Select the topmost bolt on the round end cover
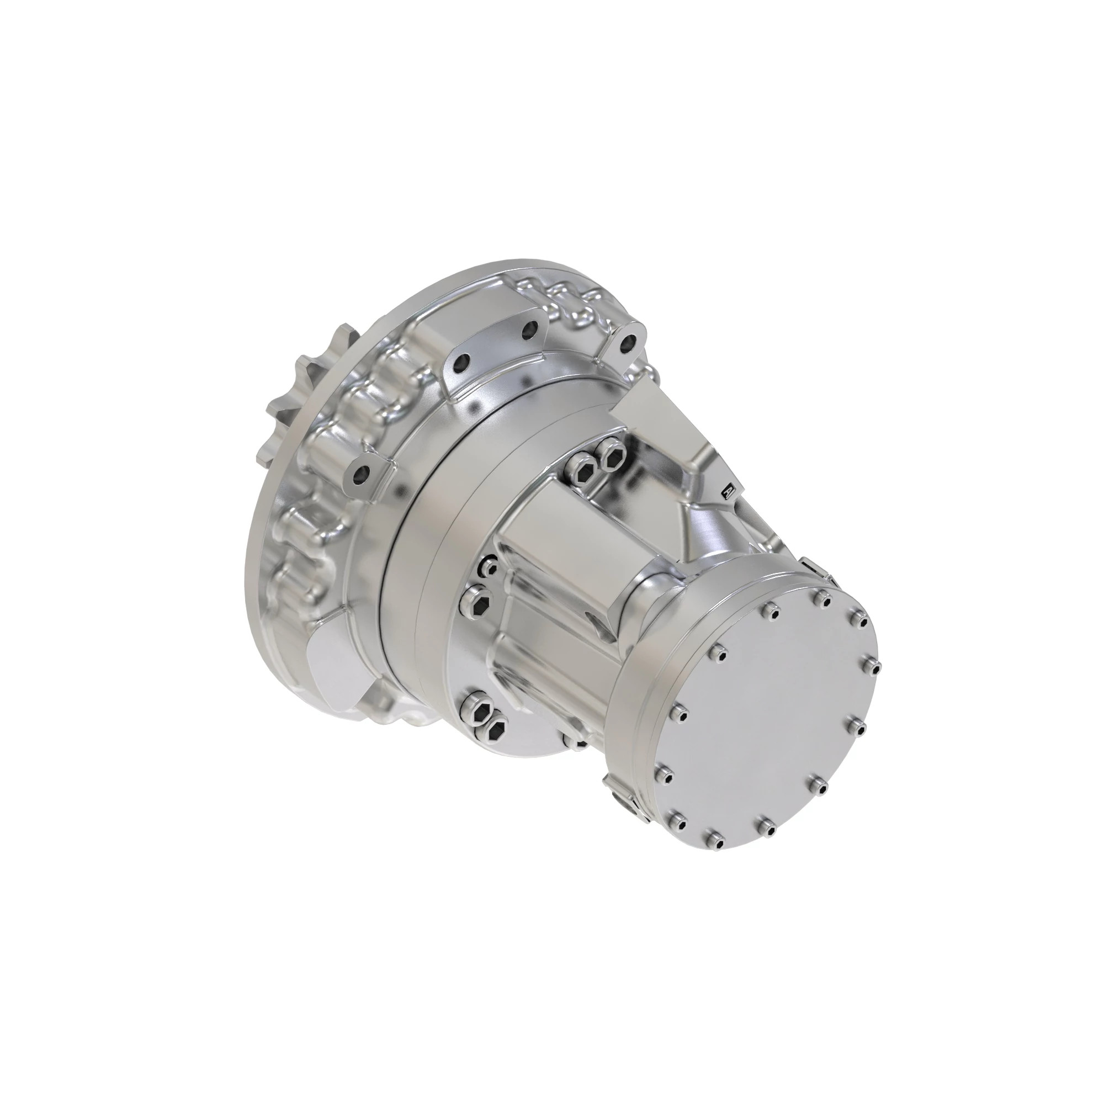point(822,598)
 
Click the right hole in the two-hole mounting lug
point(530,328)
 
